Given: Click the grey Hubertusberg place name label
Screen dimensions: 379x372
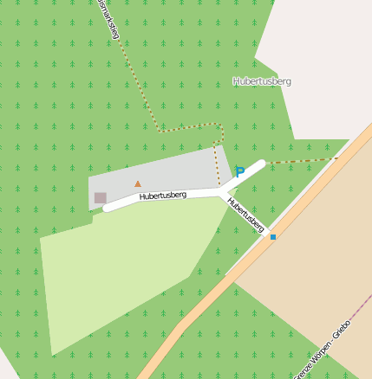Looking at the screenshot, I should pos(262,81).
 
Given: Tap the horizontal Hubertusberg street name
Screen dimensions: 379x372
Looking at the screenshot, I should pos(163,196).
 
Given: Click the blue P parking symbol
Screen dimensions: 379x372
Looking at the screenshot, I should pos(240,172).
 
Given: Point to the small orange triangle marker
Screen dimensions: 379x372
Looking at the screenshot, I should pos(137,183).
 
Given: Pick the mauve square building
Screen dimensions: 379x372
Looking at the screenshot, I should pos(101,198).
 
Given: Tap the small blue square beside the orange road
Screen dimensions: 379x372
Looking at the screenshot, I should pos(273,236).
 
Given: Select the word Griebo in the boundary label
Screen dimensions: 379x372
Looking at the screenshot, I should pos(341,329).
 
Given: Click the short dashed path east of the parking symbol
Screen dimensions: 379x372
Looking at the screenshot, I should pos(299,160).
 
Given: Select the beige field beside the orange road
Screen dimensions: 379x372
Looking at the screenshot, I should pos(312,260).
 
